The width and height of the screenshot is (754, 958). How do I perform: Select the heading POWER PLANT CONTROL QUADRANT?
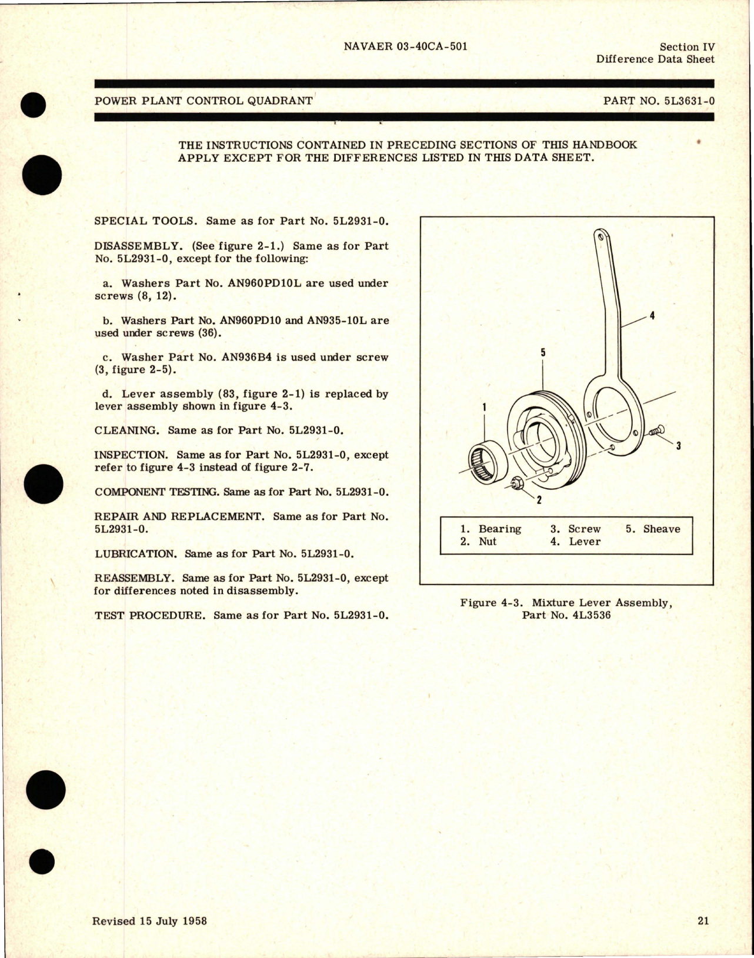(x=203, y=101)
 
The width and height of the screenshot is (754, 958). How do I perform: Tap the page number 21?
(x=703, y=921)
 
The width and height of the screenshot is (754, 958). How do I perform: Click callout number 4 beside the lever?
(x=652, y=316)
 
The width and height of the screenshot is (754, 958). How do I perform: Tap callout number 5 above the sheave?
(x=543, y=352)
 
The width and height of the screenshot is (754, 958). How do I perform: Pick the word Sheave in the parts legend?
(x=661, y=529)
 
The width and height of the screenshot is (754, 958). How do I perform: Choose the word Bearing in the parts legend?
(x=499, y=529)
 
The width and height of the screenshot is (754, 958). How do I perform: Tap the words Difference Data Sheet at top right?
(x=655, y=59)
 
